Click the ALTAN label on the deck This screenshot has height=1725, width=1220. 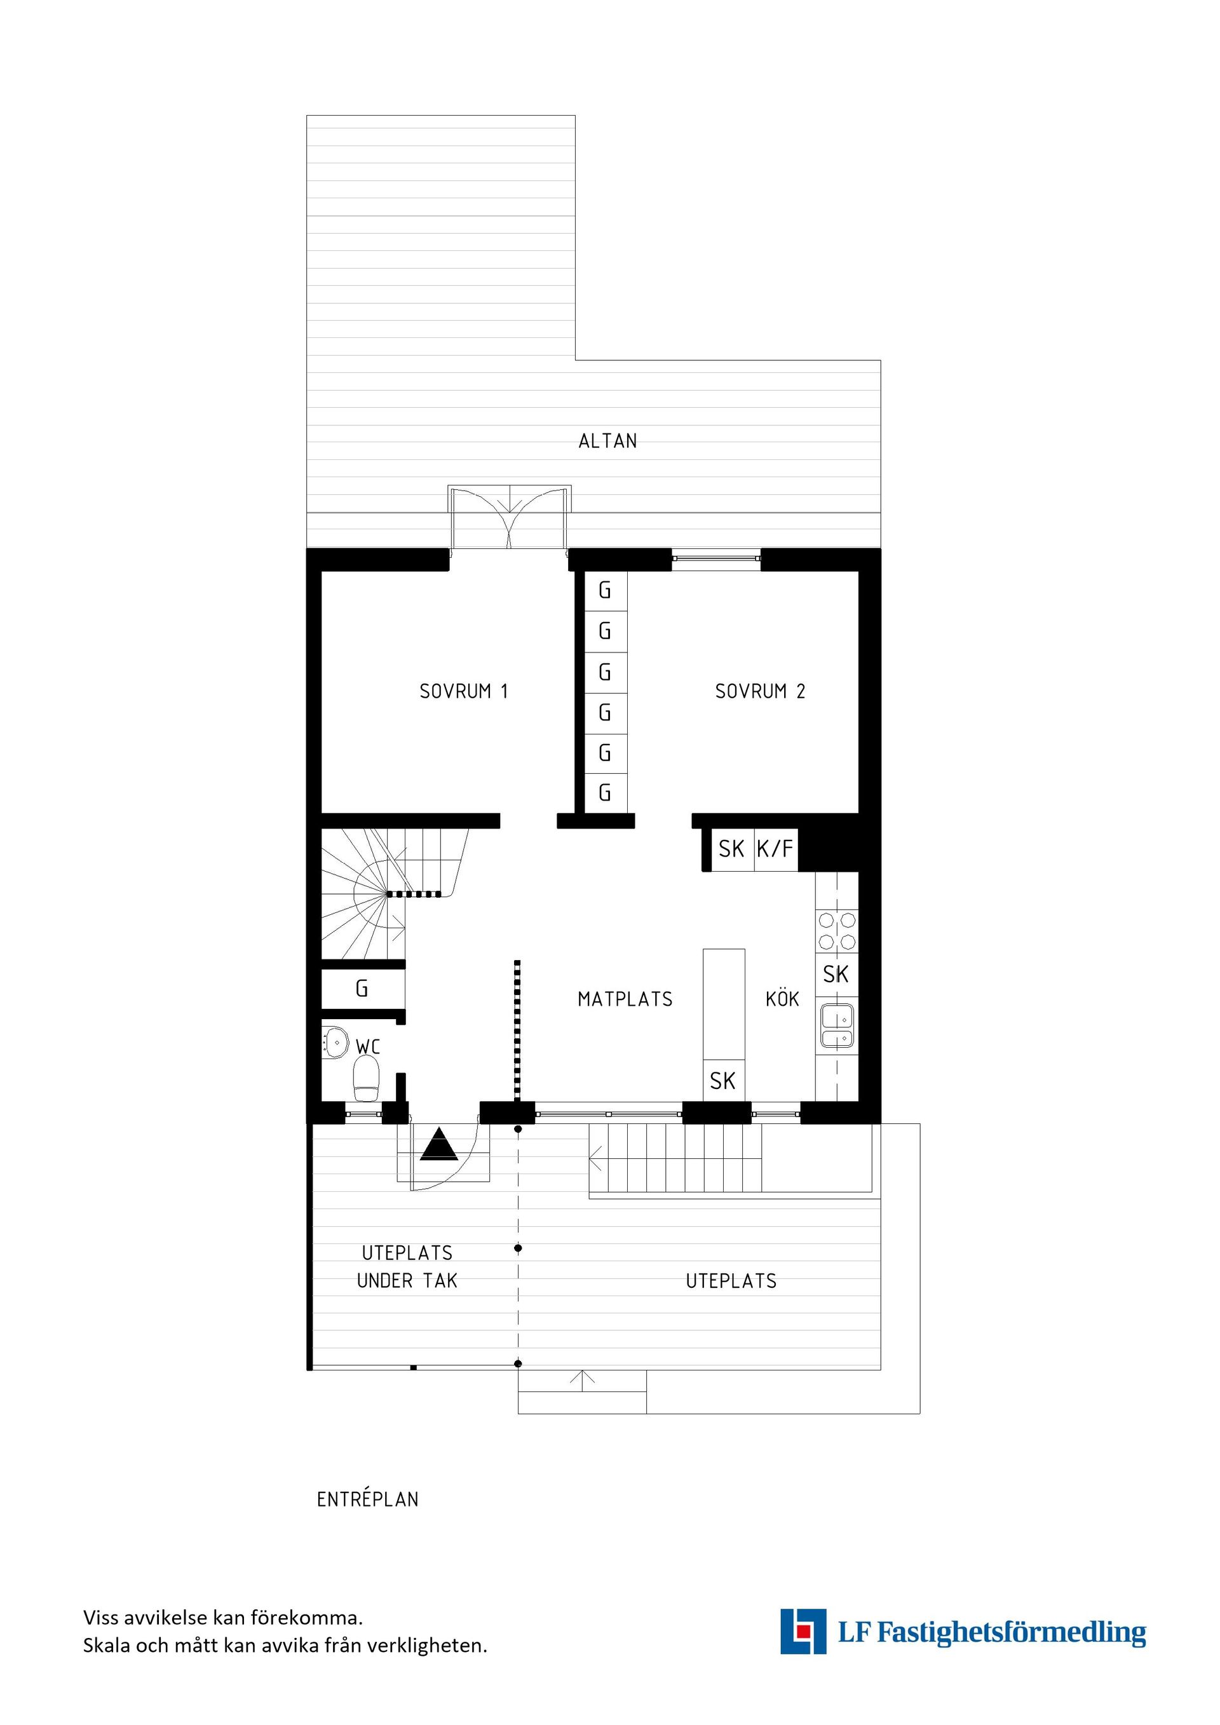[607, 441]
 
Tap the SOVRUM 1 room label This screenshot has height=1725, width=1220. [463, 691]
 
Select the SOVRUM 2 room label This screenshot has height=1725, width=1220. [759, 691]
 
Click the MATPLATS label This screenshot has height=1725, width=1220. [625, 999]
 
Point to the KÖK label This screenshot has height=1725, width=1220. [782, 999]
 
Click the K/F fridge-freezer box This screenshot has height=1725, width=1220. [775, 849]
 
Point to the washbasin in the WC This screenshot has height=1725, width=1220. [335, 1042]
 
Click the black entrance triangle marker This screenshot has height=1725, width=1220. [438, 1146]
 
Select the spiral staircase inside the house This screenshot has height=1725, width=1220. [376, 894]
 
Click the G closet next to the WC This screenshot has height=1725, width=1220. [362, 989]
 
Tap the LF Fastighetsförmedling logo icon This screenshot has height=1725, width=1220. [803, 1652]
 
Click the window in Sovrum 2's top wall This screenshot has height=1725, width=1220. [716, 558]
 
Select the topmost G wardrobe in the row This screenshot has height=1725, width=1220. [605, 590]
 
